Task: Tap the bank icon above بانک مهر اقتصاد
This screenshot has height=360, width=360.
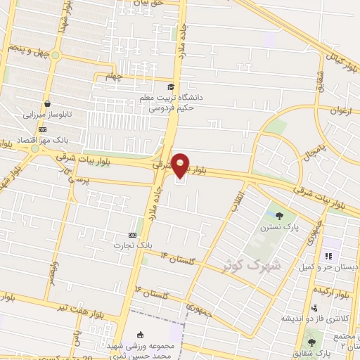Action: [x=43, y=130]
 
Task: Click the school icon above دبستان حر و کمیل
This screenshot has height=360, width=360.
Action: [x=327, y=257]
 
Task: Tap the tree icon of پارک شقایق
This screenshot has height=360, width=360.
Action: [x=312, y=342]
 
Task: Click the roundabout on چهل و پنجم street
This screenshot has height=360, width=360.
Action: [x=56, y=56]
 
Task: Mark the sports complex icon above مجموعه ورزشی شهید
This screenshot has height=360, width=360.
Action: [x=140, y=335]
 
